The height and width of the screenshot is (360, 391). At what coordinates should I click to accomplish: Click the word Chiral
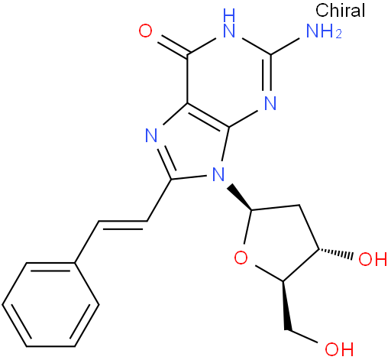(340, 10)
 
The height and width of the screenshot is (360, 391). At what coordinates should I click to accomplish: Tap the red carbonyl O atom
(145, 31)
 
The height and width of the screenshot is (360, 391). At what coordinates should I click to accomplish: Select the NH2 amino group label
(324, 31)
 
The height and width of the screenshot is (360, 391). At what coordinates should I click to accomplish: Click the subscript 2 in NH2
(338, 34)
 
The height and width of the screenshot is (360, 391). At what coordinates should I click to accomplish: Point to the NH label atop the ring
(229, 23)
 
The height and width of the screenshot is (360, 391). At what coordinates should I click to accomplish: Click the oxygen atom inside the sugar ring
(241, 258)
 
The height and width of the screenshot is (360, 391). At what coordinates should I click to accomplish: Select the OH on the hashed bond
(373, 259)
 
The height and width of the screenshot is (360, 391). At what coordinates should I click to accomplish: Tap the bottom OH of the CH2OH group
(339, 349)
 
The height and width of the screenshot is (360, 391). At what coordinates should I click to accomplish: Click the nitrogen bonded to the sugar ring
(218, 174)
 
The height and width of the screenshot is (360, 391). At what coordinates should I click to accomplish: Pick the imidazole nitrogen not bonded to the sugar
(151, 135)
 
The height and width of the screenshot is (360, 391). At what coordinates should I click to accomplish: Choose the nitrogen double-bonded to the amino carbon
(270, 103)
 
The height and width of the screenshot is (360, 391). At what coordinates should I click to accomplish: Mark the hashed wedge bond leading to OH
(335, 254)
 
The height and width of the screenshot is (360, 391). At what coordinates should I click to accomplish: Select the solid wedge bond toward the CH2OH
(286, 306)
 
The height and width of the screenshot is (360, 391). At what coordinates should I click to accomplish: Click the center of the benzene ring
(50, 304)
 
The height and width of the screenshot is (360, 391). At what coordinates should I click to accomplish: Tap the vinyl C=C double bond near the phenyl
(123, 224)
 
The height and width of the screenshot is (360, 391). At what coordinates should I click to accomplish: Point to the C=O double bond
(173, 45)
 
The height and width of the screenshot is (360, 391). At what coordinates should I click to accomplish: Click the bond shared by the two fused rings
(208, 116)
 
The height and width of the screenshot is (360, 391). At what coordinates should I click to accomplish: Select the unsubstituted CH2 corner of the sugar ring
(299, 205)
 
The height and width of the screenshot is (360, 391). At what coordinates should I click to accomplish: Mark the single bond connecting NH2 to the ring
(285, 47)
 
